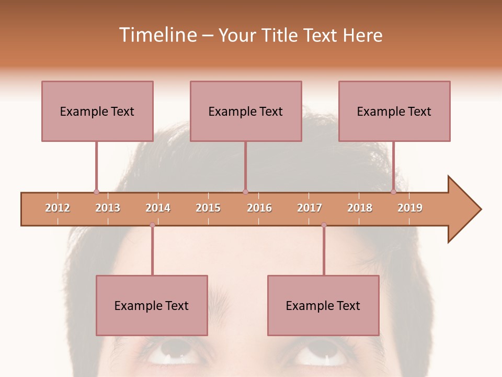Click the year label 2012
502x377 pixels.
(x=58, y=208)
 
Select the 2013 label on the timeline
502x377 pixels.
(x=108, y=208)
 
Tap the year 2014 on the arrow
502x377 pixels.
(x=158, y=208)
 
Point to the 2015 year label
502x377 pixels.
(x=208, y=208)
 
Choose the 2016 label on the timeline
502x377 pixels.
(x=259, y=208)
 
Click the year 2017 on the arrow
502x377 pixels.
(x=310, y=208)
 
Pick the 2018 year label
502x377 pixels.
(x=360, y=208)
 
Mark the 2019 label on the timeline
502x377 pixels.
(x=410, y=208)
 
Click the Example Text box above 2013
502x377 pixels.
(x=97, y=111)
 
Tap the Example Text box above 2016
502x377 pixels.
(x=246, y=111)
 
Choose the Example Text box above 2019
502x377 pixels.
(x=394, y=111)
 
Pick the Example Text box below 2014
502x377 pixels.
(x=152, y=305)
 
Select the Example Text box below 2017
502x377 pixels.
(x=323, y=305)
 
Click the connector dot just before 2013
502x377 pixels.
(x=96, y=192)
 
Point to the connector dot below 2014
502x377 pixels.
(x=152, y=225)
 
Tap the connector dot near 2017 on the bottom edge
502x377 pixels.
(x=324, y=225)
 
